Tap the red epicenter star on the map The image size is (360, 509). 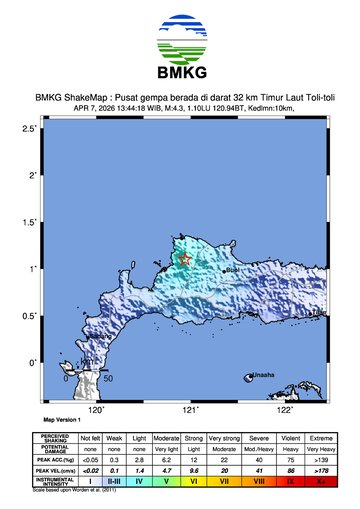point(185,260)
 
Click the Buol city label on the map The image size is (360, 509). point(232,270)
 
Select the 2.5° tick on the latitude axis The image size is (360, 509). point(30,129)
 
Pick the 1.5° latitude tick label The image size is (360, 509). point(30,222)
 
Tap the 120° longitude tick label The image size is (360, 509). point(97,409)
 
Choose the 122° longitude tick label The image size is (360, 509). point(284,409)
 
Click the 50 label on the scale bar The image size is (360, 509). point(108,379)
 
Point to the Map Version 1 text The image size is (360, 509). point(62,421)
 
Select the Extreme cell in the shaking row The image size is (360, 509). point(320,437)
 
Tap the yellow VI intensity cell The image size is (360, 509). point(193,481)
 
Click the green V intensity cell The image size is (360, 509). point(167,481)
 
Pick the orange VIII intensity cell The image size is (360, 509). point(258,481)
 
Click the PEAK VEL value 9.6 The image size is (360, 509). point(193,470)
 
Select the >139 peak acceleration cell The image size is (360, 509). point(320,459)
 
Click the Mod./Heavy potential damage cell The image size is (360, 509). point(258,448)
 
